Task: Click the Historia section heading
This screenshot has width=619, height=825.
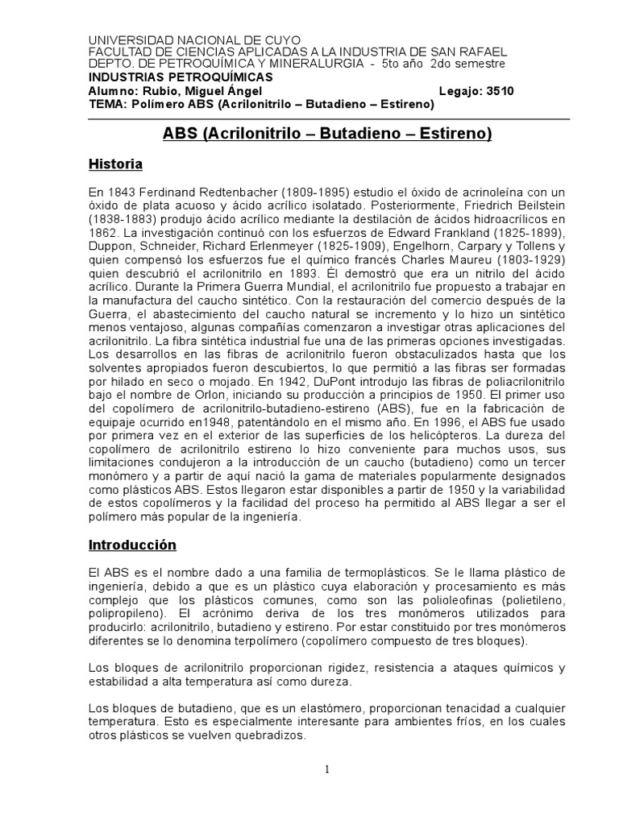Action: tap(115, 164)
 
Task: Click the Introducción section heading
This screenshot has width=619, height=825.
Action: tap(131, 545)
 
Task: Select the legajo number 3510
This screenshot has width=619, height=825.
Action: tap(497, 91)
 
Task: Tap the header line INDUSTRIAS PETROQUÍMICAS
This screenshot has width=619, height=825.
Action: tap(180, 77)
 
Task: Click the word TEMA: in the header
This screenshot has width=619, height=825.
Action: tap(106, 105)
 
